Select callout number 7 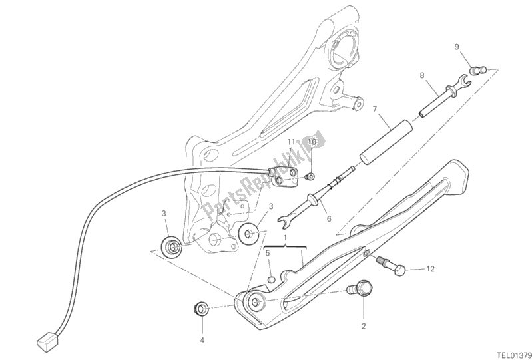(374, 108)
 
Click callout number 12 (431, 269)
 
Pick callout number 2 (364, 326)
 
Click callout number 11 (291, 142)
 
